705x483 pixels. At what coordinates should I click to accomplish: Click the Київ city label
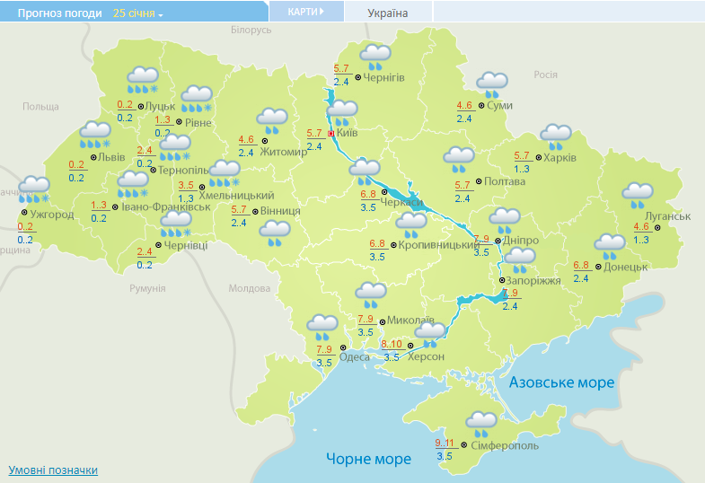click(348, 133)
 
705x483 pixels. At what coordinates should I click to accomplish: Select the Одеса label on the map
click(354, 356)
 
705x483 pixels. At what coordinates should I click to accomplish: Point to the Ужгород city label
click(52, 215)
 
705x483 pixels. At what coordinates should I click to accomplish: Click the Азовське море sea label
click(561, 382)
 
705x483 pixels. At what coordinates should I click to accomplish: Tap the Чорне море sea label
click(368, 459)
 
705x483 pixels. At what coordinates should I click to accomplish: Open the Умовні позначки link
click(53, 470)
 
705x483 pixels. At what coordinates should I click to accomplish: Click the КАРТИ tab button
click(306, 12)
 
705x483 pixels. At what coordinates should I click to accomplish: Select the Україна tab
click(388, 13)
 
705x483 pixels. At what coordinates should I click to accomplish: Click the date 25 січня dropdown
click(138, 13)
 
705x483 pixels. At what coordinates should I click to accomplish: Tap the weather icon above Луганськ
click(638, 195)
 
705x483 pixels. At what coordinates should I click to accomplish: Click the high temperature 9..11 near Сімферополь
click(445, 443)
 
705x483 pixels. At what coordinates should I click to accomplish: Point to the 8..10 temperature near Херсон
click(392, 345)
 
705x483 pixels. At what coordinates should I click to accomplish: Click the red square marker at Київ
click(330, 133)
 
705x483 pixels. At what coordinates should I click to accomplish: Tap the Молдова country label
click(249, 288)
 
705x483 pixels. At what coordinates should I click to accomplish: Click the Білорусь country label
click(251, 30)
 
